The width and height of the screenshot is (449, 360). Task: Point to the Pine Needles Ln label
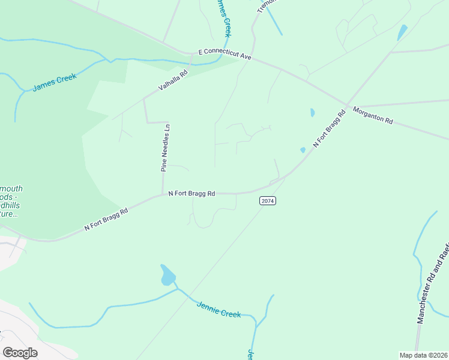[x=166, y=148]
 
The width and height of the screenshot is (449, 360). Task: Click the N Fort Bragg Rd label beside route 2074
[x=191, y=193]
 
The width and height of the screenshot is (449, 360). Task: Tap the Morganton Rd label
[x=372, y=115]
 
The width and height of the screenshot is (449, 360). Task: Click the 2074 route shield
[x=268, y=201]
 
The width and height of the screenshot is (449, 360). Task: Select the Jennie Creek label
[x=218, y=310]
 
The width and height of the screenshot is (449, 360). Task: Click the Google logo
[x=20, y=353]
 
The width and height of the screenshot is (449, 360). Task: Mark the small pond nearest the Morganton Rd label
[x=312, y=112]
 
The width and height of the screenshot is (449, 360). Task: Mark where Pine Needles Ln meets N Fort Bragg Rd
[x=163, y=194]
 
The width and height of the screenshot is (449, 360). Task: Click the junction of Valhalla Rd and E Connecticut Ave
[x=191, y=54]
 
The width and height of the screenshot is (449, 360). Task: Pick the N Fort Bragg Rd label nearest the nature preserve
[x=106, y=219]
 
